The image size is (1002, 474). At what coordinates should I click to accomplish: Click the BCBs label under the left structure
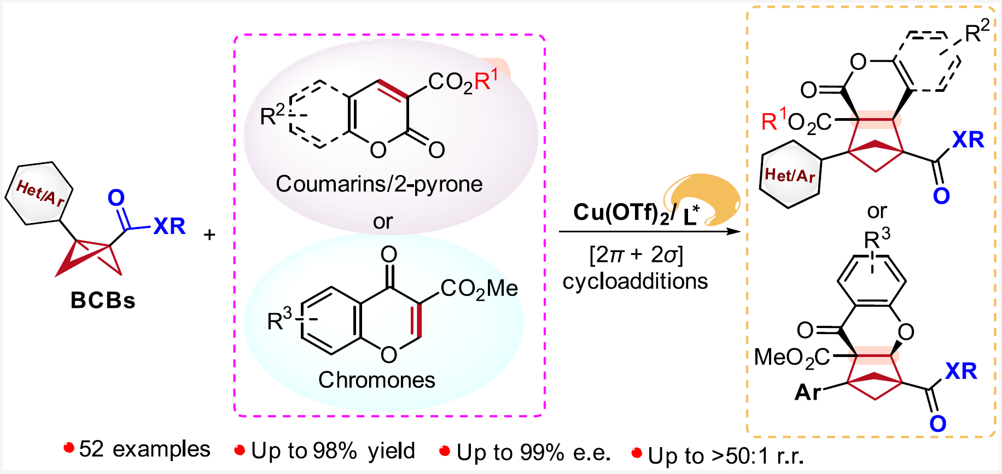click(103, 300)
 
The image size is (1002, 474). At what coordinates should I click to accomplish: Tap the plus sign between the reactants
click(209, 235)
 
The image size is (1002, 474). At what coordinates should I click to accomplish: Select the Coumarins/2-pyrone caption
click(379, 184)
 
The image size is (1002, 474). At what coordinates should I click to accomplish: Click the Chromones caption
click(377, 380)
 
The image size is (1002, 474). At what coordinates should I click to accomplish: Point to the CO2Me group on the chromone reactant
click(479, 289)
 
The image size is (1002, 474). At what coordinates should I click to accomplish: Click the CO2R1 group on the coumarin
click(463, 82)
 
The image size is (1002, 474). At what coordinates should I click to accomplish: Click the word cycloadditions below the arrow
click(635, 282)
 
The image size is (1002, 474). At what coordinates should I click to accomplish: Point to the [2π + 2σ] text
click(636, 255)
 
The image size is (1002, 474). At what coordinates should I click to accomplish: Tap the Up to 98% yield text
click(333, 451)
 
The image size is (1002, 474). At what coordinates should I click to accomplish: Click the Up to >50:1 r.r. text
click(725, 455)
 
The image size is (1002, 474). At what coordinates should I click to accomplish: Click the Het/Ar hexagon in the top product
click(790, 174)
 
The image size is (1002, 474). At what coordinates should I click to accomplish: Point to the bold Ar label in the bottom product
click(807, 392)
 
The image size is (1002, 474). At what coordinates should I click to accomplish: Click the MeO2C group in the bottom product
click(791, 358)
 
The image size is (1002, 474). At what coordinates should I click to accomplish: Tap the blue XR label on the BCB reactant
click(170, 226)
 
